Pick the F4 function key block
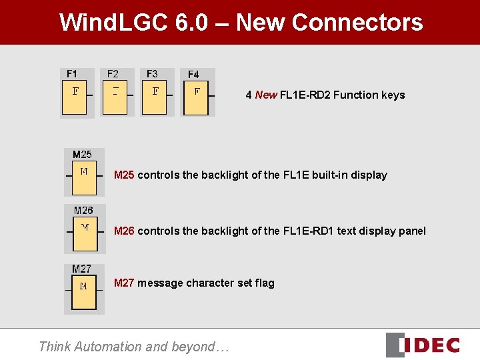pyautogui.click(x=196, y=97)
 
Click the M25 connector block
pyautogui.click(x=84, y=177)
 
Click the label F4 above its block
pyautogui.click(x=193, y=75)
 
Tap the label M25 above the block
pyautogui.click(x=82, y=155)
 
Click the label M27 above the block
pyautogui.click(x=82, y=269)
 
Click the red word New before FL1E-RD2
pyautogui.click(x=266, y=95)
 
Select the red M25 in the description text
pyautogui.click(x=125, y=175)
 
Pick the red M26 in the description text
pyautogui.click(x=125, y=231)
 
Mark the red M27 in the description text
pyautogui.click(x=125, y=283)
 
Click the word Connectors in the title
pyautogui.click(x=357, y=22)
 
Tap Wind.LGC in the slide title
pyautogui.click(x=114, y=22)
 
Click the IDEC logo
pyautogui.click(x=424, y=345)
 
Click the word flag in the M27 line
pyautogui.click(x=263, y=283)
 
